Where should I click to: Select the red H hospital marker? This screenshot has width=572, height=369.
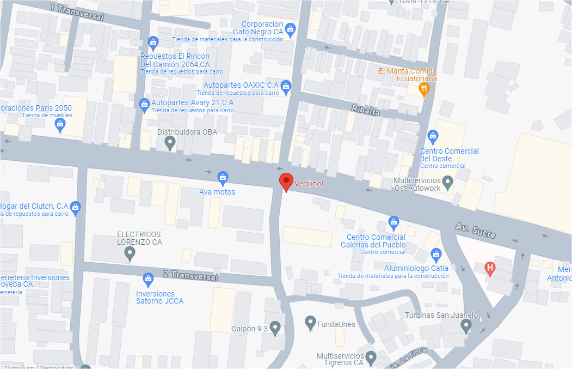tap(490, 268)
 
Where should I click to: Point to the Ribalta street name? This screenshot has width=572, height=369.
tap(365, 110)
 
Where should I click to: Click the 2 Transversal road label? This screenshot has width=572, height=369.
tap(190, 275)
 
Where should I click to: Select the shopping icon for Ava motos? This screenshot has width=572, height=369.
tap(223, 177)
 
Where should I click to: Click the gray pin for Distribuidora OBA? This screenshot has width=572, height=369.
tap(170, 143)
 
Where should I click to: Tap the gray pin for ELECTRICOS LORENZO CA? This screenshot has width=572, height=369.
tap(130, 253)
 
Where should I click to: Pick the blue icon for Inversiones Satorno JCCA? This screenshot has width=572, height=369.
tap(147, 280)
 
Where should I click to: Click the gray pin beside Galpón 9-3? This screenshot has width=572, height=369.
tap(275, 327)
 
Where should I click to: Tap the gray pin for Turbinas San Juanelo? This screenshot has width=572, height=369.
tap(466, 325)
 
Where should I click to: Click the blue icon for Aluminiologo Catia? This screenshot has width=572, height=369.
tap(435, 254)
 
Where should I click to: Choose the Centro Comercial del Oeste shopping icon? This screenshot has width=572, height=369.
tap(433, 135)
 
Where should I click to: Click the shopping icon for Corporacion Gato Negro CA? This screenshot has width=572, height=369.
tap(291, 28)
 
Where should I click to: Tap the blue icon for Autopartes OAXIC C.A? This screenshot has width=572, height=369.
tap(286, 86)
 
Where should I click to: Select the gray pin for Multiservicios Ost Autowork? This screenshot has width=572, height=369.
tap(447, 181)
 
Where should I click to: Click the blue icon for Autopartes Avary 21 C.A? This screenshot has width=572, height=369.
tap(144, 103)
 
